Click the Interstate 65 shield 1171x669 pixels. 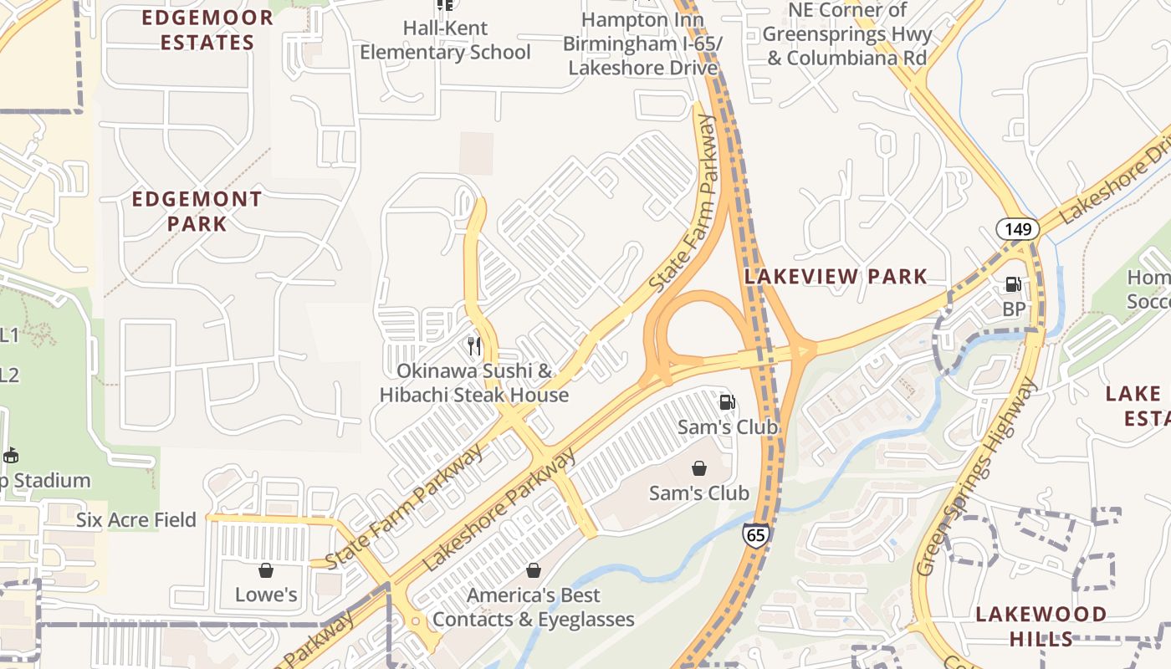pos(755,534)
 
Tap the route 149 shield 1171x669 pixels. pos(1017,228)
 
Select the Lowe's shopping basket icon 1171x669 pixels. pos(266,570)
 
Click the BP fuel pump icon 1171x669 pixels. pos(1013,284)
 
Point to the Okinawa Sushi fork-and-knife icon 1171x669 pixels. pos(474,345)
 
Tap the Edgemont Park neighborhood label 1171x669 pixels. pos(197,212)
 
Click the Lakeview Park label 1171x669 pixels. pos(836,276)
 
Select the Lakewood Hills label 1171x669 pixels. pos(1041,626)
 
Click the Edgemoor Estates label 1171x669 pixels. pos(207,30)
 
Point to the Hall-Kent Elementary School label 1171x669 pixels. pos(445,40)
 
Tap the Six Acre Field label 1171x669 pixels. pos(136,519)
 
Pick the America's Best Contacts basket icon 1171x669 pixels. pos(534,570)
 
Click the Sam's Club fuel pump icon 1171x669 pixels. pos(727,402)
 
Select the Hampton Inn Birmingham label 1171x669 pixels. pos(642,43)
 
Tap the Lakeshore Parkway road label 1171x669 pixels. pos(500,510)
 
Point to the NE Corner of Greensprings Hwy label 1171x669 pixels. pos(847,34)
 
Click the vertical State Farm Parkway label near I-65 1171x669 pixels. pos(684,205)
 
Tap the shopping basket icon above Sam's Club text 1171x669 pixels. pos(699,468)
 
